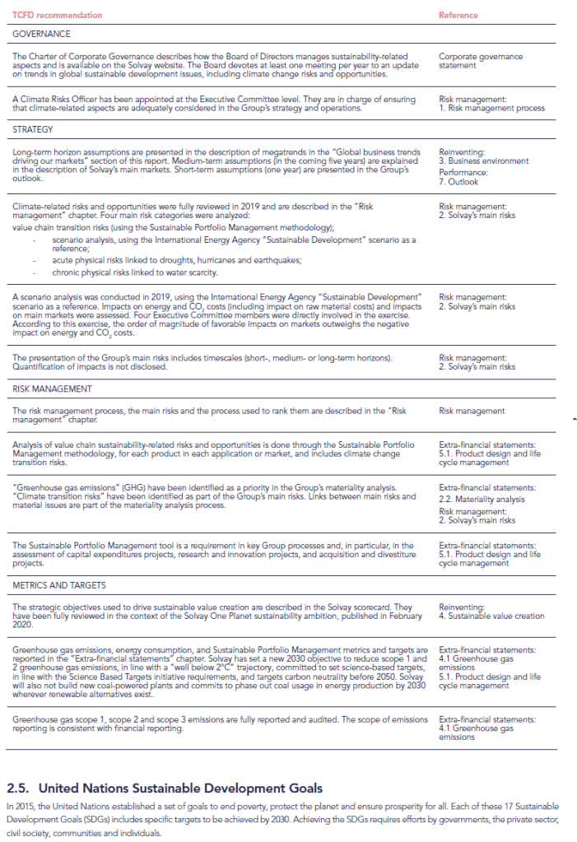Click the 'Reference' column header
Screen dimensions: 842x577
(458, 16)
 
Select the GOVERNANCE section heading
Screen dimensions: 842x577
(41, 35)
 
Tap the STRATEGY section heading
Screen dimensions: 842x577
(33, 129)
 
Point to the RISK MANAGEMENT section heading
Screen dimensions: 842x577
(52, 388)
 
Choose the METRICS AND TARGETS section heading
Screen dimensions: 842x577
(60, 584)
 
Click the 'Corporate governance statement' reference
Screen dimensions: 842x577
(480, 61)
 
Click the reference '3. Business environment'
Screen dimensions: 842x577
(484, 161)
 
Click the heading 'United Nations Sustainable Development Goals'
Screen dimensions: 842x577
(180, 789)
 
